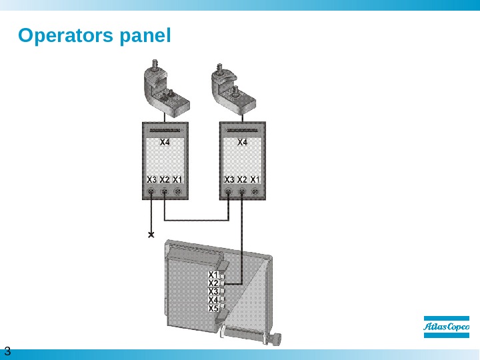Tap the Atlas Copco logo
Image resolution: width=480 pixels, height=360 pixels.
point(447,326)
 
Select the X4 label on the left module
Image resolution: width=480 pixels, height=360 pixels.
point(165,142)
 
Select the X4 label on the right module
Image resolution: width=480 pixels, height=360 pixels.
point(243,142)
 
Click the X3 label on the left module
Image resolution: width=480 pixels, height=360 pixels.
point(151,180)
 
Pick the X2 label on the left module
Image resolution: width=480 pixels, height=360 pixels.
point(164,180)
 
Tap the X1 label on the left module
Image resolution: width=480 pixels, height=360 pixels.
point(177,180)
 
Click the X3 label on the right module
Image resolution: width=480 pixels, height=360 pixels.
point(229,180)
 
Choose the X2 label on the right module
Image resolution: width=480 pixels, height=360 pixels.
point(242,180)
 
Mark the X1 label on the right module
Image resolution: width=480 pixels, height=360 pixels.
point(255,180)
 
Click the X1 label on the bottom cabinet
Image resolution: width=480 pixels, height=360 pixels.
point(213,274)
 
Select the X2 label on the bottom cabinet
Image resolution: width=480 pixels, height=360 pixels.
point(213,283)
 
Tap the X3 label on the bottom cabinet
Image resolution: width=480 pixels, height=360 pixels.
point(213,291)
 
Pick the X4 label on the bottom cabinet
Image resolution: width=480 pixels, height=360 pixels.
point(213,300)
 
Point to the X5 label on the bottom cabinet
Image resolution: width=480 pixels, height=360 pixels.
point(213,309)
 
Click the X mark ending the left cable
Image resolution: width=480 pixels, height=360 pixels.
point(151,235)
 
